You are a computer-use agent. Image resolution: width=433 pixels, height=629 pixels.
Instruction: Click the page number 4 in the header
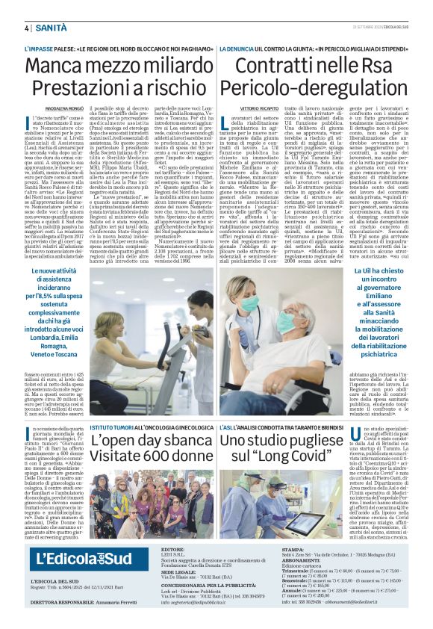click(x=26, y=28)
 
